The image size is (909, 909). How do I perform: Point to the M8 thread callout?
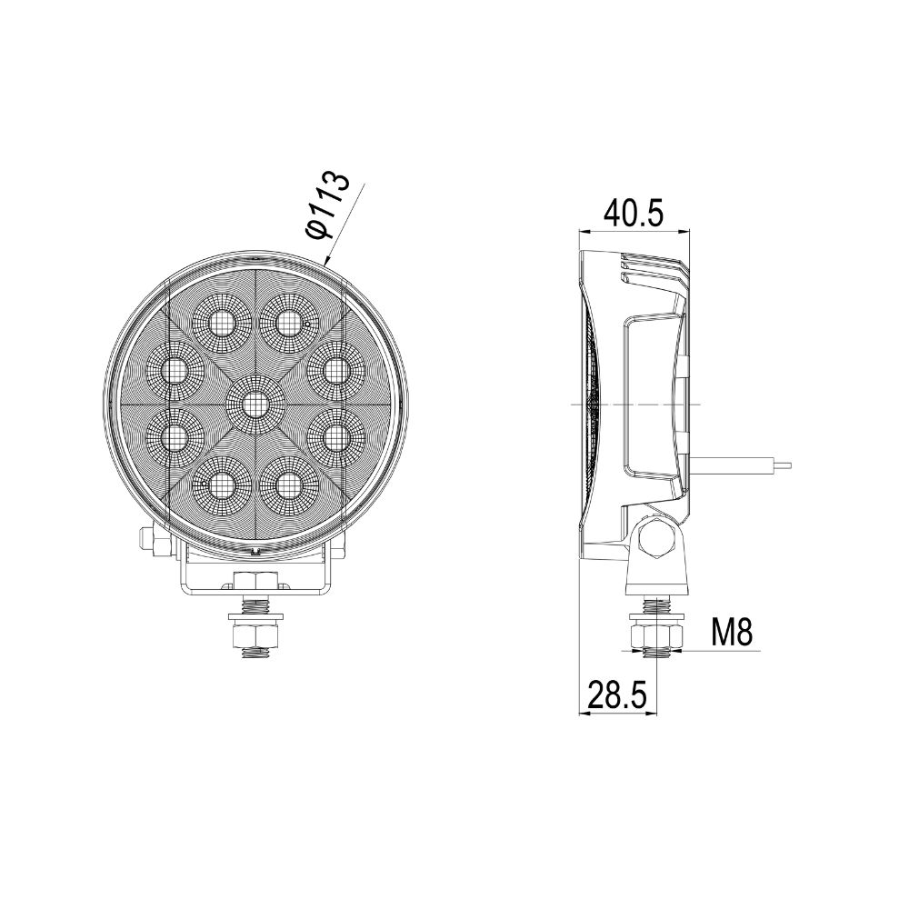point(733,632)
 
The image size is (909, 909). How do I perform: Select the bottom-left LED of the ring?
point(221,486)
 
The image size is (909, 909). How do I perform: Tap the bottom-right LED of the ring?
point(288,486)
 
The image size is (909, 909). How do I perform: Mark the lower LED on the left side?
point(173,437)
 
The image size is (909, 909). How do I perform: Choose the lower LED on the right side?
point(335,437)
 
